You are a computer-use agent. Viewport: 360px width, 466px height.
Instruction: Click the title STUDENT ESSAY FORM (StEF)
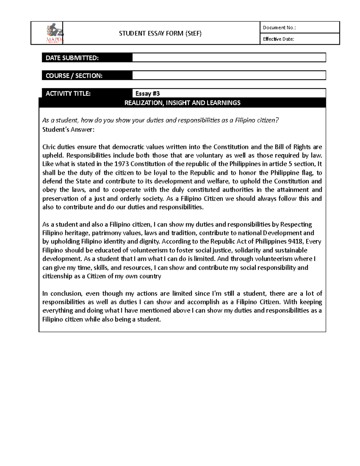160,33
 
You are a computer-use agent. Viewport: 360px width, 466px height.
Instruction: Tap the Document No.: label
279,28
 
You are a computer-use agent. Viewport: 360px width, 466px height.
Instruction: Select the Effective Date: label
278,39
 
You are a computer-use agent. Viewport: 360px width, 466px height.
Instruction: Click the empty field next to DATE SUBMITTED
229,58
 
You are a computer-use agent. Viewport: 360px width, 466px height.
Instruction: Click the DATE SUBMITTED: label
72,58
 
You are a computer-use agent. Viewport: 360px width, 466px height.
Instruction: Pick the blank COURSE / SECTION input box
229,75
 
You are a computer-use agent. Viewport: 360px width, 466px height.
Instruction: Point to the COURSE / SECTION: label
74,76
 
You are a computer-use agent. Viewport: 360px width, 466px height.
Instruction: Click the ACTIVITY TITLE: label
68,93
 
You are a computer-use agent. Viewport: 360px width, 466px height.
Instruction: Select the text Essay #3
148,94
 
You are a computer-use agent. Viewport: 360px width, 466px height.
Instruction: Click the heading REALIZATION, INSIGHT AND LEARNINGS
182,103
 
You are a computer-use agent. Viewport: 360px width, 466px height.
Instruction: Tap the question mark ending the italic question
277,120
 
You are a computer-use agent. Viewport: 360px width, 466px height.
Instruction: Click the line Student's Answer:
68,130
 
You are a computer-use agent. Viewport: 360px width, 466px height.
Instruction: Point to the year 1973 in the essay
121,164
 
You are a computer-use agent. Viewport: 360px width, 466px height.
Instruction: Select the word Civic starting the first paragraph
49,147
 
